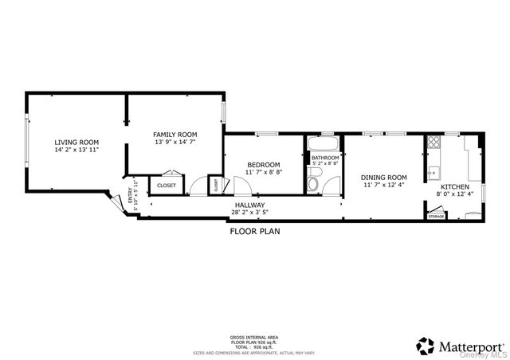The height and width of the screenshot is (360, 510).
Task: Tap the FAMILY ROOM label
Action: tap(175, 134)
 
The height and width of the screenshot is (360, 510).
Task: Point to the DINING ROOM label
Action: tap(383, 177)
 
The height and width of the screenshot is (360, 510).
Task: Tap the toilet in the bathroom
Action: tap(313, 185)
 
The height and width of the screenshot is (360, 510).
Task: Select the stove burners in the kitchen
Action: tap(434, 143)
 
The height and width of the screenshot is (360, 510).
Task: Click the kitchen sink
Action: tap(433, 172)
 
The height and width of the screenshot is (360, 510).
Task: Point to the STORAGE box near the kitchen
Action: tap(436, 216)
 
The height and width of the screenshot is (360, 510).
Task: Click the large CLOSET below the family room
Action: tap(167, 185)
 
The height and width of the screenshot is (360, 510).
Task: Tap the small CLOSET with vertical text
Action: tap(215, 185)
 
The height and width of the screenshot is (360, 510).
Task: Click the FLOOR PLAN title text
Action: tap(254, 232)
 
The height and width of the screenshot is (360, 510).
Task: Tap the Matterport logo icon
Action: tap(426, 346)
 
